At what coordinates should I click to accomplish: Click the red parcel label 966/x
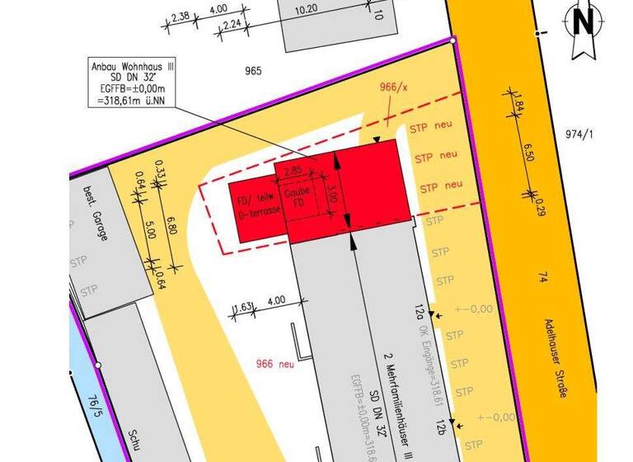click(x=394, y=87)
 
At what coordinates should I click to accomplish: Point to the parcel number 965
click(x=253, y=71)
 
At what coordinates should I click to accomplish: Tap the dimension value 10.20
click(x=306, y=9)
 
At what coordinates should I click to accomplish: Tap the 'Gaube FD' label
click(x=297, y=197)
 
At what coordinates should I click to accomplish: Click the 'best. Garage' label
click(x=94, y=215)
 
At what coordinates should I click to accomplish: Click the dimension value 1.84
click(x=518, y=106)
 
